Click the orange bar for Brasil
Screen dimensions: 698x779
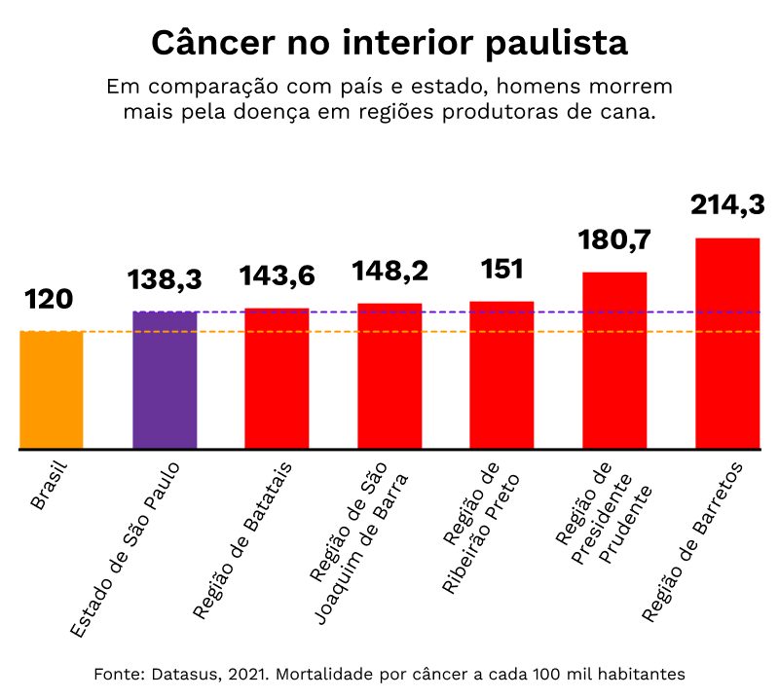[x=51, y=390]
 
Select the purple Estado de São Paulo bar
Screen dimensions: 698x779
[x=165, y=381]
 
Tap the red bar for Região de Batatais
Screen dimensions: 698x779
[x=277, y=379]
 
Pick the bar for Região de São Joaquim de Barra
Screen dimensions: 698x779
[x=389, y=377]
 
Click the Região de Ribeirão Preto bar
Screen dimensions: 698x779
[x=501, y=376]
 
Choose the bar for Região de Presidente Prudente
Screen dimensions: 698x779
[x=614, y=361]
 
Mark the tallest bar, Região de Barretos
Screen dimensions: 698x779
[x=727, y=344]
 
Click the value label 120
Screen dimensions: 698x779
[x=49, y=299]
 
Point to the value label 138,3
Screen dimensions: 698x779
[x=165, y=280]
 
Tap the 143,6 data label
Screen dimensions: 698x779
[x=278, y=276]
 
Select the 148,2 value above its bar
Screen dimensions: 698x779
[x=389, y=271]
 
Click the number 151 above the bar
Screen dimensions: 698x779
[x=501, y=269]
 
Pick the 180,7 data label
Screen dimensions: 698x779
[x=613, y=239]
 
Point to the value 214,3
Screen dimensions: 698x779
[x=727, y=204]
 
